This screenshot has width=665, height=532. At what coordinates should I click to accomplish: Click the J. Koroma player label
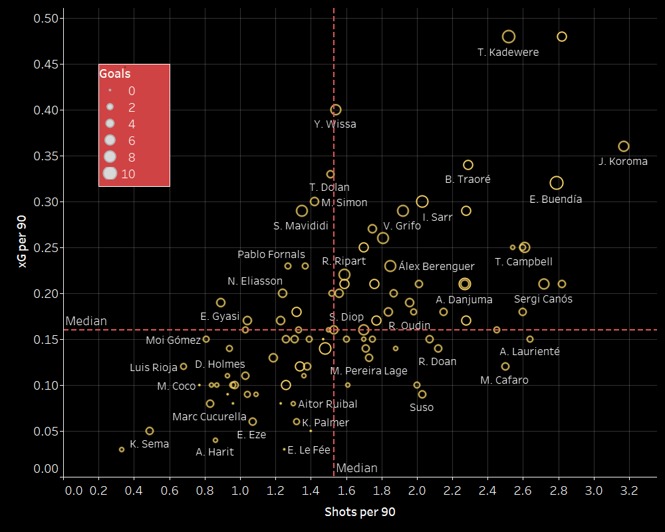tap(622, 162)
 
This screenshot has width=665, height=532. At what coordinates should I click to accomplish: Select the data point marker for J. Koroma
tap(624, 146)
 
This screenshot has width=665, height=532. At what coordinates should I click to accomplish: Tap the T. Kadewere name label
tap(508, 52)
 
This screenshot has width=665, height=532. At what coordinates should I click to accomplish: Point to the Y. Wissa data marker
tap(336, 110)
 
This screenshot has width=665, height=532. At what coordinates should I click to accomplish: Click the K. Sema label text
tap(149, 444)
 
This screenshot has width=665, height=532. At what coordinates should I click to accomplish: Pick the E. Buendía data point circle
tap(557, 183)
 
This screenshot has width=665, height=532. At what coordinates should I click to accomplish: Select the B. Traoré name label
tap(467, 180)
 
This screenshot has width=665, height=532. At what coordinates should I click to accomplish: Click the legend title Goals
tap(115, 74)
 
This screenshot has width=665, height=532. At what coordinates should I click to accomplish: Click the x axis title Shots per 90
tap(360, 512)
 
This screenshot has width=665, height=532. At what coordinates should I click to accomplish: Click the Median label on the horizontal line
tap(86, 322)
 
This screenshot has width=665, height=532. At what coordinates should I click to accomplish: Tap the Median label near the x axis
tap(356, 468)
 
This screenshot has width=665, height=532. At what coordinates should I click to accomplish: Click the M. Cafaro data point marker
tap(505, 366)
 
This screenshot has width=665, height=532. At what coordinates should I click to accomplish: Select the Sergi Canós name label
tap(543, 299)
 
